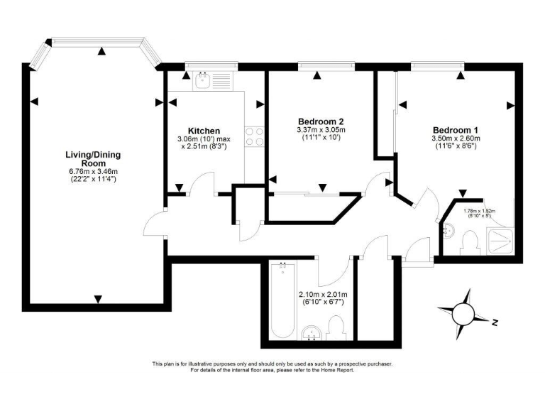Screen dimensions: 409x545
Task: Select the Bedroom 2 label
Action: point(321,121)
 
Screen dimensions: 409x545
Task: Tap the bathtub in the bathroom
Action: point(282,302)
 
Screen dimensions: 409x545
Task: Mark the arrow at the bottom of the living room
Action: point(98,298)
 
